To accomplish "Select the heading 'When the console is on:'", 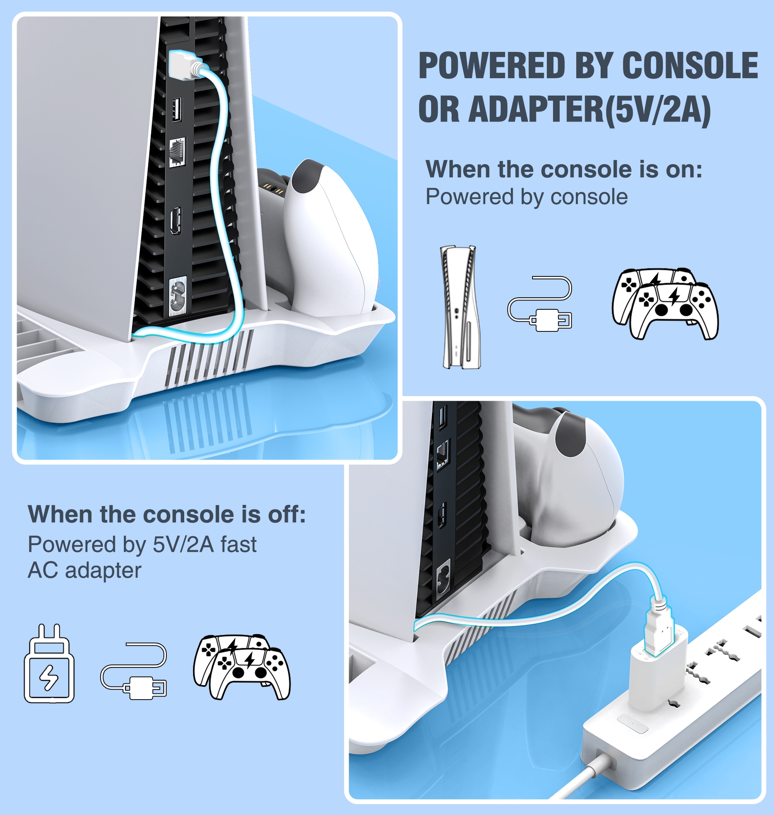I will pos(563,170).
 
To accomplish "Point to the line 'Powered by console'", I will pos(526,197).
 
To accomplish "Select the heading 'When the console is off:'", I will pos(167,515).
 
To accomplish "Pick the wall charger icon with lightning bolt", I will pos(49,664).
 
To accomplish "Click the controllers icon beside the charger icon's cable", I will pos(242,667).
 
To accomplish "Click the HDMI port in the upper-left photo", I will pos(176,220).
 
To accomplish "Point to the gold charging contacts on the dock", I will pos(274,189).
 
